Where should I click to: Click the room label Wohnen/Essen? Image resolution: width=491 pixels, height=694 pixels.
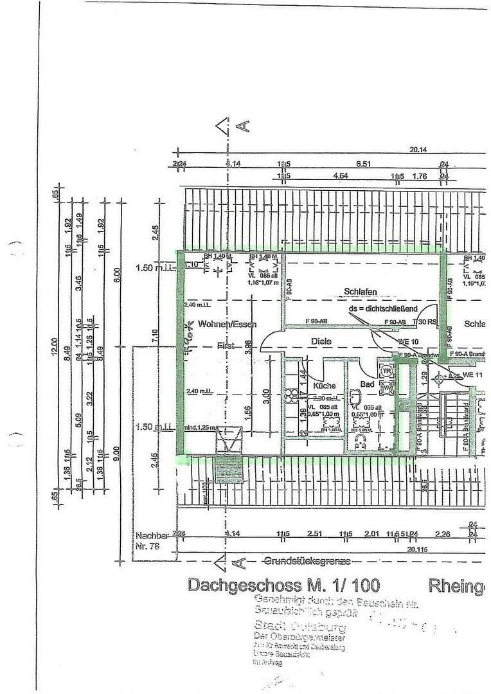pos(227,325)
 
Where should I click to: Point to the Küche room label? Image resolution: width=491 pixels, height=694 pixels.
pos(325,386)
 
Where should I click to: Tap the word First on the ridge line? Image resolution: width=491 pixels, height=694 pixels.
pos(225,346)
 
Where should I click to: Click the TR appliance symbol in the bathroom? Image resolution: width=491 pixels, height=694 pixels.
pos(387,371)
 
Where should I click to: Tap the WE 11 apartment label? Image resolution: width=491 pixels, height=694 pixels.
pos(474,375)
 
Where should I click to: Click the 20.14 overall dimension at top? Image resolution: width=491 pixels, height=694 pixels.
pos(419,150)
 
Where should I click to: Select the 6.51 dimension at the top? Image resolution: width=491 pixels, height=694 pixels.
pos(364,164)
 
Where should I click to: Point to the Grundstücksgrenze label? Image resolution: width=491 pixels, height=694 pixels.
pos(308,562)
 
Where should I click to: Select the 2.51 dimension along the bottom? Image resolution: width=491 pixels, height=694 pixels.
pos(314,533)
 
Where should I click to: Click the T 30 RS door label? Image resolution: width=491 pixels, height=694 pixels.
pos(424,322)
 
